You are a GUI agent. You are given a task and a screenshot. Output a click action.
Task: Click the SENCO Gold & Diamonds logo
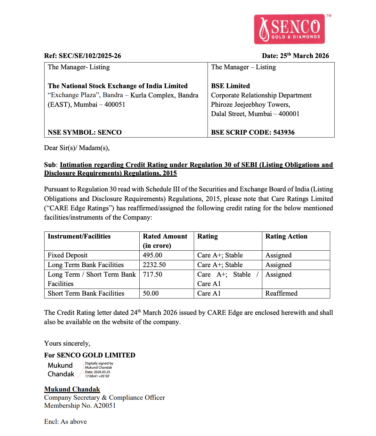tap(290, 29)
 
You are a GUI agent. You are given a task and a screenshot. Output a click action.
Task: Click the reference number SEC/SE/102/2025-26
tap(90, 56)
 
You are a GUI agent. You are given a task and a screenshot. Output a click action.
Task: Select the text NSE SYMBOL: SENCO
tap(85, 132)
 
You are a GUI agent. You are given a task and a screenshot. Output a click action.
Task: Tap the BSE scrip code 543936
tap(284, 132)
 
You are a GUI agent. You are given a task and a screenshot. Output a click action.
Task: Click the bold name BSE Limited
tap(230, 86)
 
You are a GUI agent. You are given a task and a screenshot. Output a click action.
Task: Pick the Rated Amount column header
tap(165, 241)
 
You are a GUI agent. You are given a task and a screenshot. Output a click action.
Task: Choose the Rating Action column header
tap(286, 236)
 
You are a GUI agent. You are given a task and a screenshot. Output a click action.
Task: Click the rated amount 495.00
tap(152, 255)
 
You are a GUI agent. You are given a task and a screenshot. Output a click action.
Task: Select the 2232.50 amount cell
tap(154, 265)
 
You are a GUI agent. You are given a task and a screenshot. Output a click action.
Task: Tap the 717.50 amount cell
tap(152, 274)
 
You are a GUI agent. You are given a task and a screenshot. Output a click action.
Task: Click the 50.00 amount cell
tap(151, 293)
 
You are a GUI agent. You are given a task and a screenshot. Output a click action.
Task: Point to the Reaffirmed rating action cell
tap(281, 293)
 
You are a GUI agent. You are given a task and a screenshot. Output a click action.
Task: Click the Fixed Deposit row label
tap(68, 255)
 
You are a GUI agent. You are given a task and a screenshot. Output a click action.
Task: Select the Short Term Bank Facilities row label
tap(86, 293)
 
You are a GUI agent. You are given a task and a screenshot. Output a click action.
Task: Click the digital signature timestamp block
tap(99, 370)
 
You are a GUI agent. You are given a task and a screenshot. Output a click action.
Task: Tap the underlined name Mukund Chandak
tap(72, 389)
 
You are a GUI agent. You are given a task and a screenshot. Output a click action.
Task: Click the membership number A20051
tap(104, 406)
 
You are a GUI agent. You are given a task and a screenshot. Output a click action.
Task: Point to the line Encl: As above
tap(65, 422)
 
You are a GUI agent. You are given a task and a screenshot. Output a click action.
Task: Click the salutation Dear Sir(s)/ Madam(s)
tap(77, 148)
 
